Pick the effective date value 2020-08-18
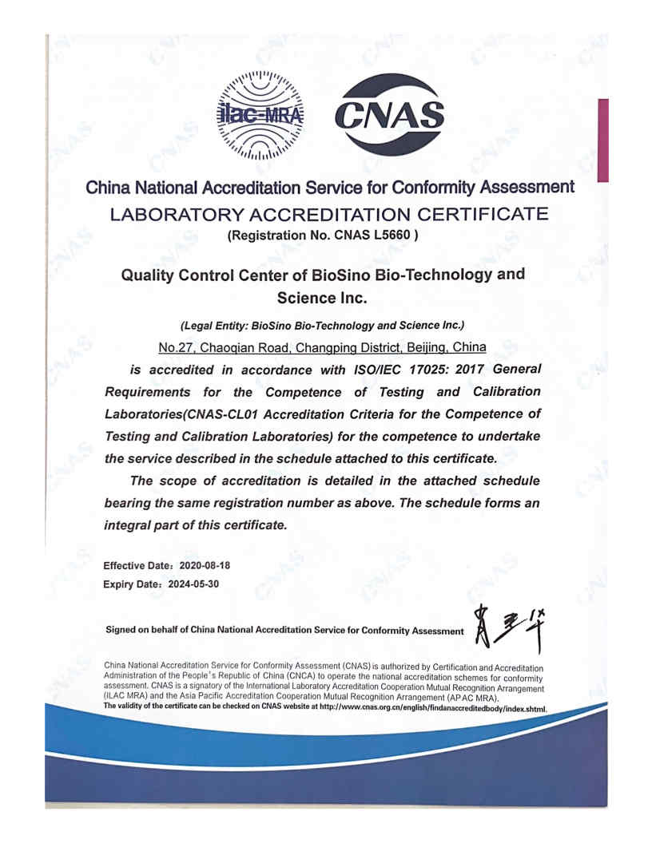pyautogui.click(x=205, y=565)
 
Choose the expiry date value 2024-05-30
pyautogui.click(x=193, y=584)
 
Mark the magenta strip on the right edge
pyautogui.click(x=603, y=140)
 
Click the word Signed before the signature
pyautogui.click(x=122, y=630)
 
